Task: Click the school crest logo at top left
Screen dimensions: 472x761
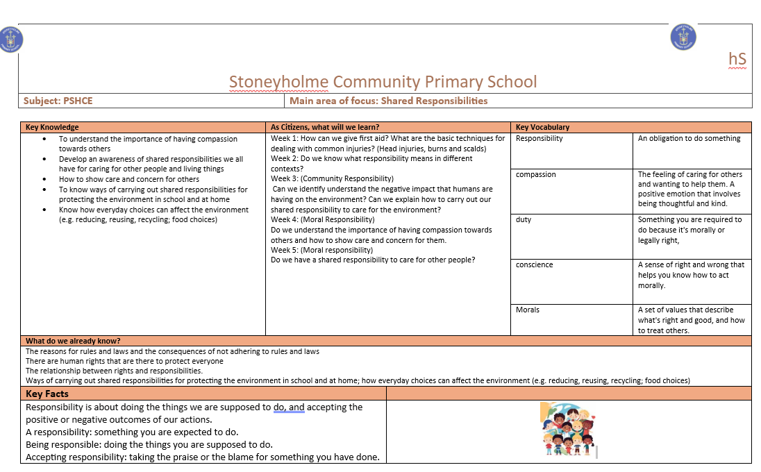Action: point(11,39)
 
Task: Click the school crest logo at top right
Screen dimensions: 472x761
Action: point(683,37)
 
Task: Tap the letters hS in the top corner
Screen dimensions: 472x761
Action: point(737,59)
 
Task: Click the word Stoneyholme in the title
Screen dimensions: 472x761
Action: point(278,82)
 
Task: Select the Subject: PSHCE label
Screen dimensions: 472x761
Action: point(58,101)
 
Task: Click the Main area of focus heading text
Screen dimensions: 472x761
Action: point(388,101)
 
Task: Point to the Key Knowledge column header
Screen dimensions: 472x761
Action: point(52,127)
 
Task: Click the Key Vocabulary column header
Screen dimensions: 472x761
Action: point(542,127)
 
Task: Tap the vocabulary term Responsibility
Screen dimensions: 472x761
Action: point(540,138)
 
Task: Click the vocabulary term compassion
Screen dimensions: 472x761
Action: point(536,174)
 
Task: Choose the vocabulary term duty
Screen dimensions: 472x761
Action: point(524,219)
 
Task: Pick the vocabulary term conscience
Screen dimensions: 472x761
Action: point(535,264)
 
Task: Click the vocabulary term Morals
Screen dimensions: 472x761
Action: point(528,310)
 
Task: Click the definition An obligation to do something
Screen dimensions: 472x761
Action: point(689,138)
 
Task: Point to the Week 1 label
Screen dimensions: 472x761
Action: point(285,138)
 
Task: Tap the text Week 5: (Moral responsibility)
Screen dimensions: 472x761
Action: point(322,250)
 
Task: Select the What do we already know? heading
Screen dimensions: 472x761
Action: point(73,341)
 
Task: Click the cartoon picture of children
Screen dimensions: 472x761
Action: point(567,430)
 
